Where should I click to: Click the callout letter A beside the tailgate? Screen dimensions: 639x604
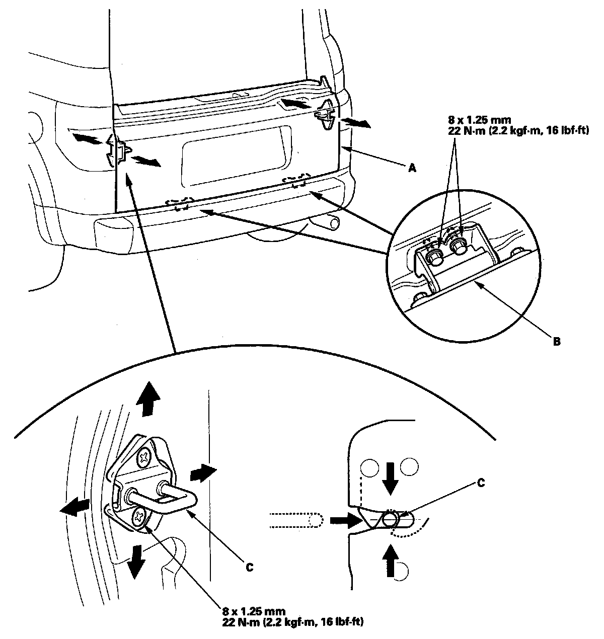pos(412,169)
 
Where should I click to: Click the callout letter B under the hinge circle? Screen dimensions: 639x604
pos(556,341)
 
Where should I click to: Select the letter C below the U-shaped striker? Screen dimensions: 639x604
pos(248,567)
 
